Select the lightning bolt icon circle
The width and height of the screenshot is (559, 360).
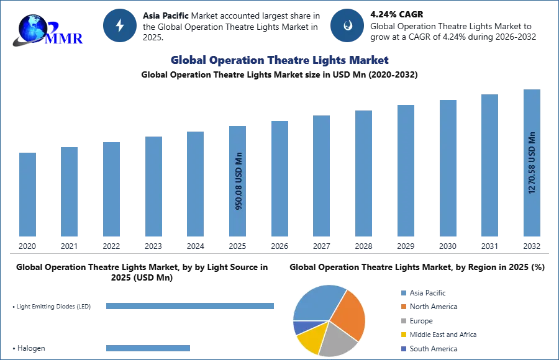click(120, 25)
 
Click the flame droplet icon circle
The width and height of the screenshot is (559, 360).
click(347, 25)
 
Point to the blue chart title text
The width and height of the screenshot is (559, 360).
click(279, 60)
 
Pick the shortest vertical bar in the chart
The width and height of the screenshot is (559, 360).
click(27, 193)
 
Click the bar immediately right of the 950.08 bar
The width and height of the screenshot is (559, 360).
click(278, 178)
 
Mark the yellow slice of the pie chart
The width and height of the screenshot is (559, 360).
click(310, 337)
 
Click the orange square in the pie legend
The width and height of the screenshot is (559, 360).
click(403, 307)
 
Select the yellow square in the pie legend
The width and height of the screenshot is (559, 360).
click(403, 334)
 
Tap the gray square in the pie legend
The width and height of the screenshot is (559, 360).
click(403, 322)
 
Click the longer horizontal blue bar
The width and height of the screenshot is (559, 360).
click(191, 307)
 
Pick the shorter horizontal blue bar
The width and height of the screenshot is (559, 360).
click(148, 348)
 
